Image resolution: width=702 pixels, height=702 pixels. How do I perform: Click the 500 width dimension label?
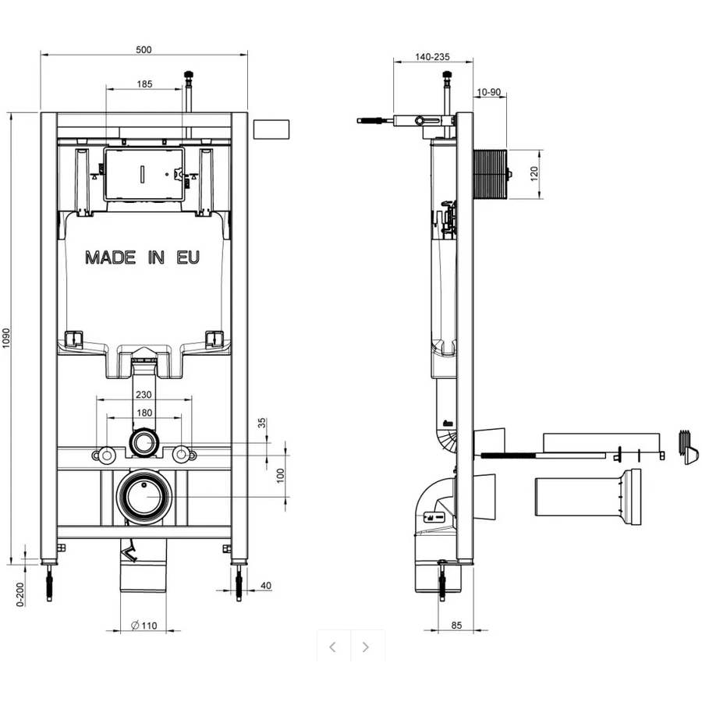pyautogui.click(x=144, y=50)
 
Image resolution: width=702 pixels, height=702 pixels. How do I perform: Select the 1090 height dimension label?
pyautogui.click(x=5, y=338)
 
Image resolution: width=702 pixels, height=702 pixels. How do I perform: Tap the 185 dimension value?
pyautogui.click(x=144, y=84)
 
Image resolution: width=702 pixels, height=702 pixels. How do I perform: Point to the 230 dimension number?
pyautogui.click(x=144, y=395)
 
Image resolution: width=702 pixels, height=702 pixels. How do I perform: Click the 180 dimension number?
pyautogui.click(x=144, y=413)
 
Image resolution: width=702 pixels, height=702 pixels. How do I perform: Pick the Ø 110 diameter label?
pyautogui.click(x=144, y=626)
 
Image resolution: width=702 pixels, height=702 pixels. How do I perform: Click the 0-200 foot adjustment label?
pyautogui.click(x=20, y=594)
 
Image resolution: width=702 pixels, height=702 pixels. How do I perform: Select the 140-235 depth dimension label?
pyautogui.click(x=432, y=57)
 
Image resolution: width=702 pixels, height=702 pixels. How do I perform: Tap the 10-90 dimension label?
pyautogui.click(x=488, y=92)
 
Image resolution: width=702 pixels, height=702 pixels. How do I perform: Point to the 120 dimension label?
pyautogui.click(x=534, y=174)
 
